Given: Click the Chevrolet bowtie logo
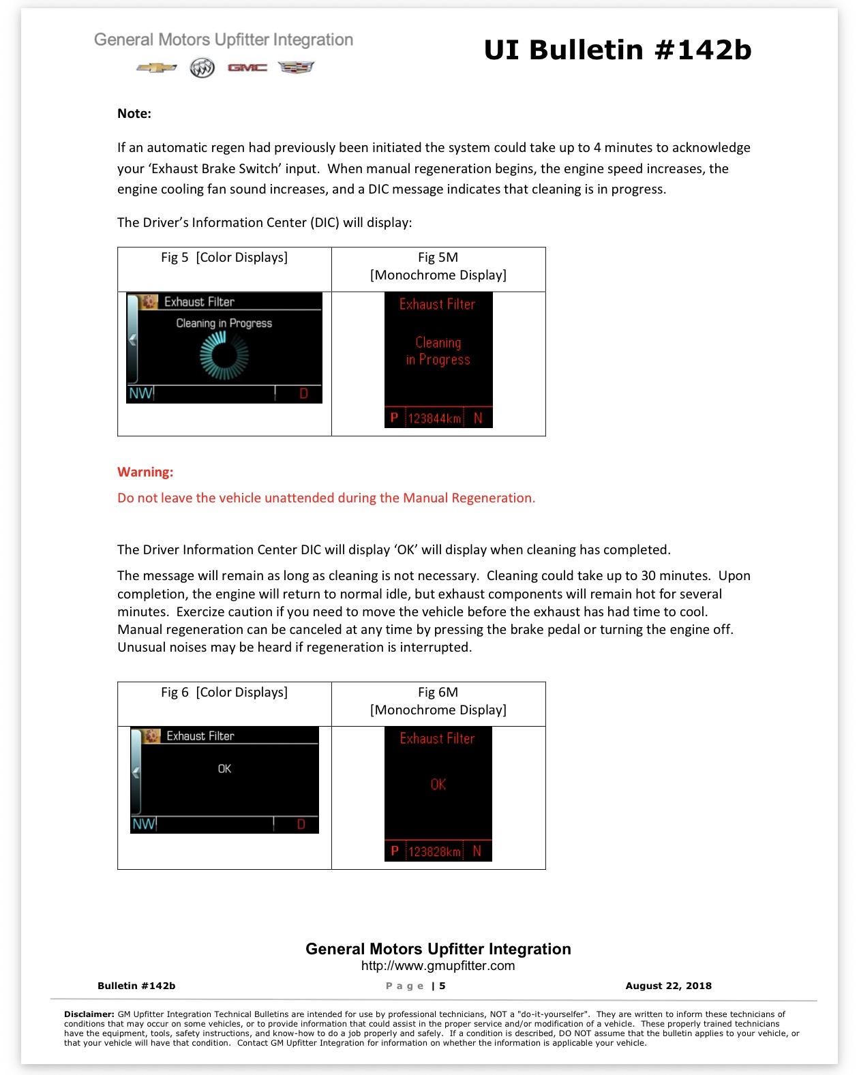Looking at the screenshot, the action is click(x=156, y=67).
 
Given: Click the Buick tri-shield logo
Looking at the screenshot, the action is click(x=202, y=67).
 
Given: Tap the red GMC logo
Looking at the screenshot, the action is click(x=247, y=67).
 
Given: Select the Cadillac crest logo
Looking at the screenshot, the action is click(x=296, y=67).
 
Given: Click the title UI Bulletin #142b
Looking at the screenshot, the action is click(x=618, y=50).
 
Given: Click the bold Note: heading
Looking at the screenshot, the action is click(x=134, y=113).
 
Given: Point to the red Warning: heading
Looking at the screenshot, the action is click(x=145, y=472).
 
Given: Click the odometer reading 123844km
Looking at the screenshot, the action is click(x=434, y=419).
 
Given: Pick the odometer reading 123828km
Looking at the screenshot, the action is click(x=434, y=851).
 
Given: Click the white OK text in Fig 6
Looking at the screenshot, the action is click(x=224, y=769).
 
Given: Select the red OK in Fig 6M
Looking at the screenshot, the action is click(x=438, y=785).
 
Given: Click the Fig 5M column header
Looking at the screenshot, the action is click(x=438, y=267).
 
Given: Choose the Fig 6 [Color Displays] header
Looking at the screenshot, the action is click(x=224, y=693).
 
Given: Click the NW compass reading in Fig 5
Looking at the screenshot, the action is click(x=140, y=393).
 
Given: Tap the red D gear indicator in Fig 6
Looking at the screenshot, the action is click(x=301, y=824).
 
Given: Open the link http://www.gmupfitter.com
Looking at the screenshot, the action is click(x=438, y=966).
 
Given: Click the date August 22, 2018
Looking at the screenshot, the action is click(x=669, y=986).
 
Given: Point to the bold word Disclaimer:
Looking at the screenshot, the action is click(x=89, y=1014).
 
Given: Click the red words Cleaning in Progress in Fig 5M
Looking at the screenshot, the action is click(x=438, y=351).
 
